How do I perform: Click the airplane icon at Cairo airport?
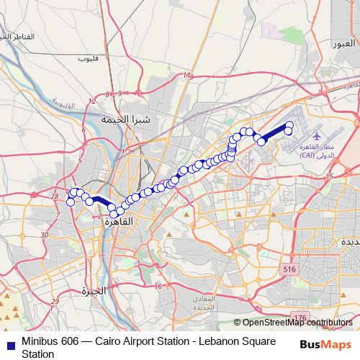point(317,135)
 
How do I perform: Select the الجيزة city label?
point(94,292)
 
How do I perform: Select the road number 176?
point(301,317)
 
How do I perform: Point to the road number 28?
point(55,196)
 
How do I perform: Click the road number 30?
point(45,235)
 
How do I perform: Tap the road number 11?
point(188,75)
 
